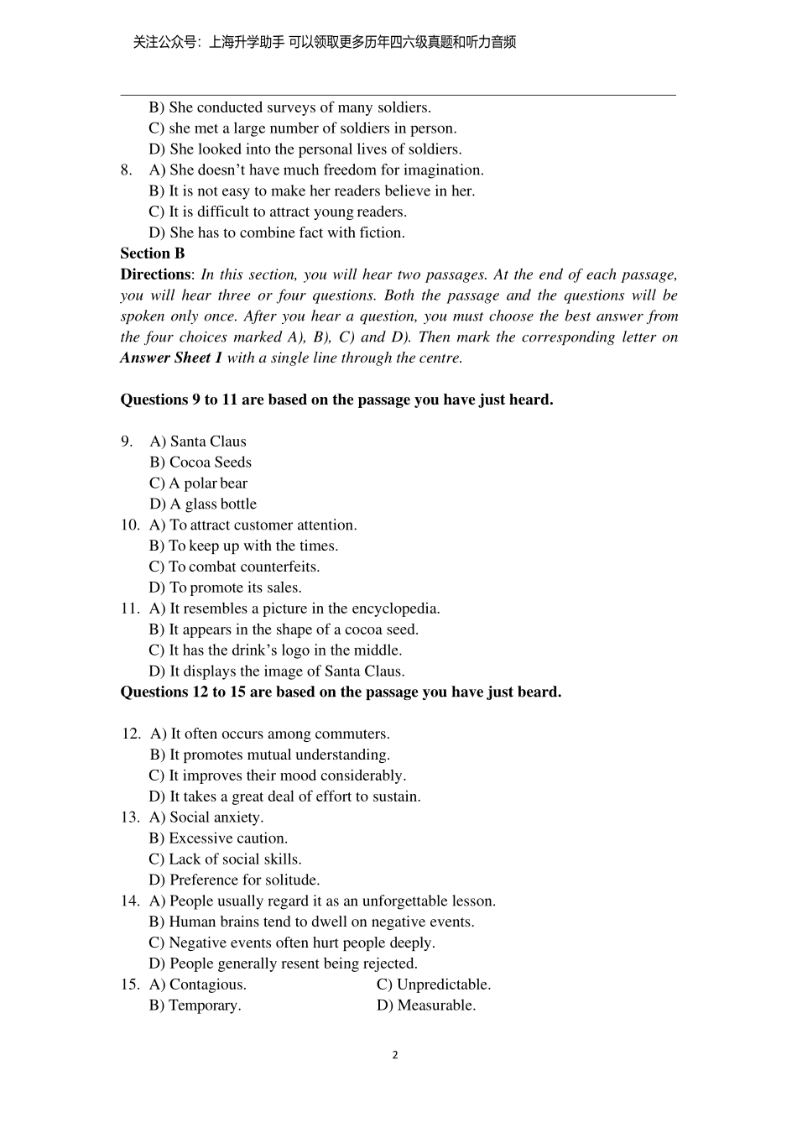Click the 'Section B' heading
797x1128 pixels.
coord(153,253)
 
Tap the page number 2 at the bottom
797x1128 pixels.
coord(395,1055)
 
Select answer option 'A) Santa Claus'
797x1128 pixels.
coord(198,441)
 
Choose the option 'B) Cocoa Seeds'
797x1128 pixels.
coord(201,462)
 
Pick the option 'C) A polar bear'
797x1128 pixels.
coord(198,483)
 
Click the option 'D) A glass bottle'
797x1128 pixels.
coord(203,504)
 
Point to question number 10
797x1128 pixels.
coord(130,525)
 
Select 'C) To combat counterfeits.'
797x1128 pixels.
coord(234,567)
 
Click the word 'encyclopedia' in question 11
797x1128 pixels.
coord(394,608)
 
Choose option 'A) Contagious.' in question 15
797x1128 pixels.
coord(198,984)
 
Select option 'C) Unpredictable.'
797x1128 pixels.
coord(434,984)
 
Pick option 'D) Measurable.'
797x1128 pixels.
coord(426,1005)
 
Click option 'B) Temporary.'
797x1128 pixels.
coord(195,1005)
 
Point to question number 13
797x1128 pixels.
coord(130,817)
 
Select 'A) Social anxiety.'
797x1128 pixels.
coord(206,817)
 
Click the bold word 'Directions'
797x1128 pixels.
coord(156,274)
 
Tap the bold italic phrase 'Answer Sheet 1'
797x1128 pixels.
coord(171,358)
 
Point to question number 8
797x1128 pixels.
coord(126,170)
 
